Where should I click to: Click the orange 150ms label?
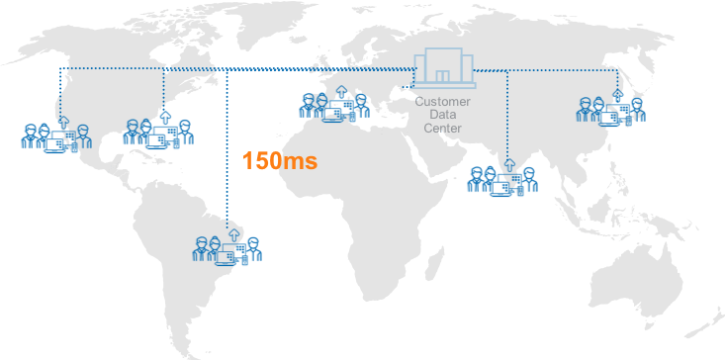click(x=280, y=161)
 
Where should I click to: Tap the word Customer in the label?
click(x=443, y=101)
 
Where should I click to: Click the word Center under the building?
click(x=443, y=129)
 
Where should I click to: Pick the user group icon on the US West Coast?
click(x=49, y=135)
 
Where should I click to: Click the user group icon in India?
click(x=501, y=178)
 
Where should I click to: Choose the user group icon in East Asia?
click(x=611, y=109)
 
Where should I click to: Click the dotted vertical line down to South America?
click(x=228, y=148)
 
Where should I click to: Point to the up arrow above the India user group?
click(x=508, y=161)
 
